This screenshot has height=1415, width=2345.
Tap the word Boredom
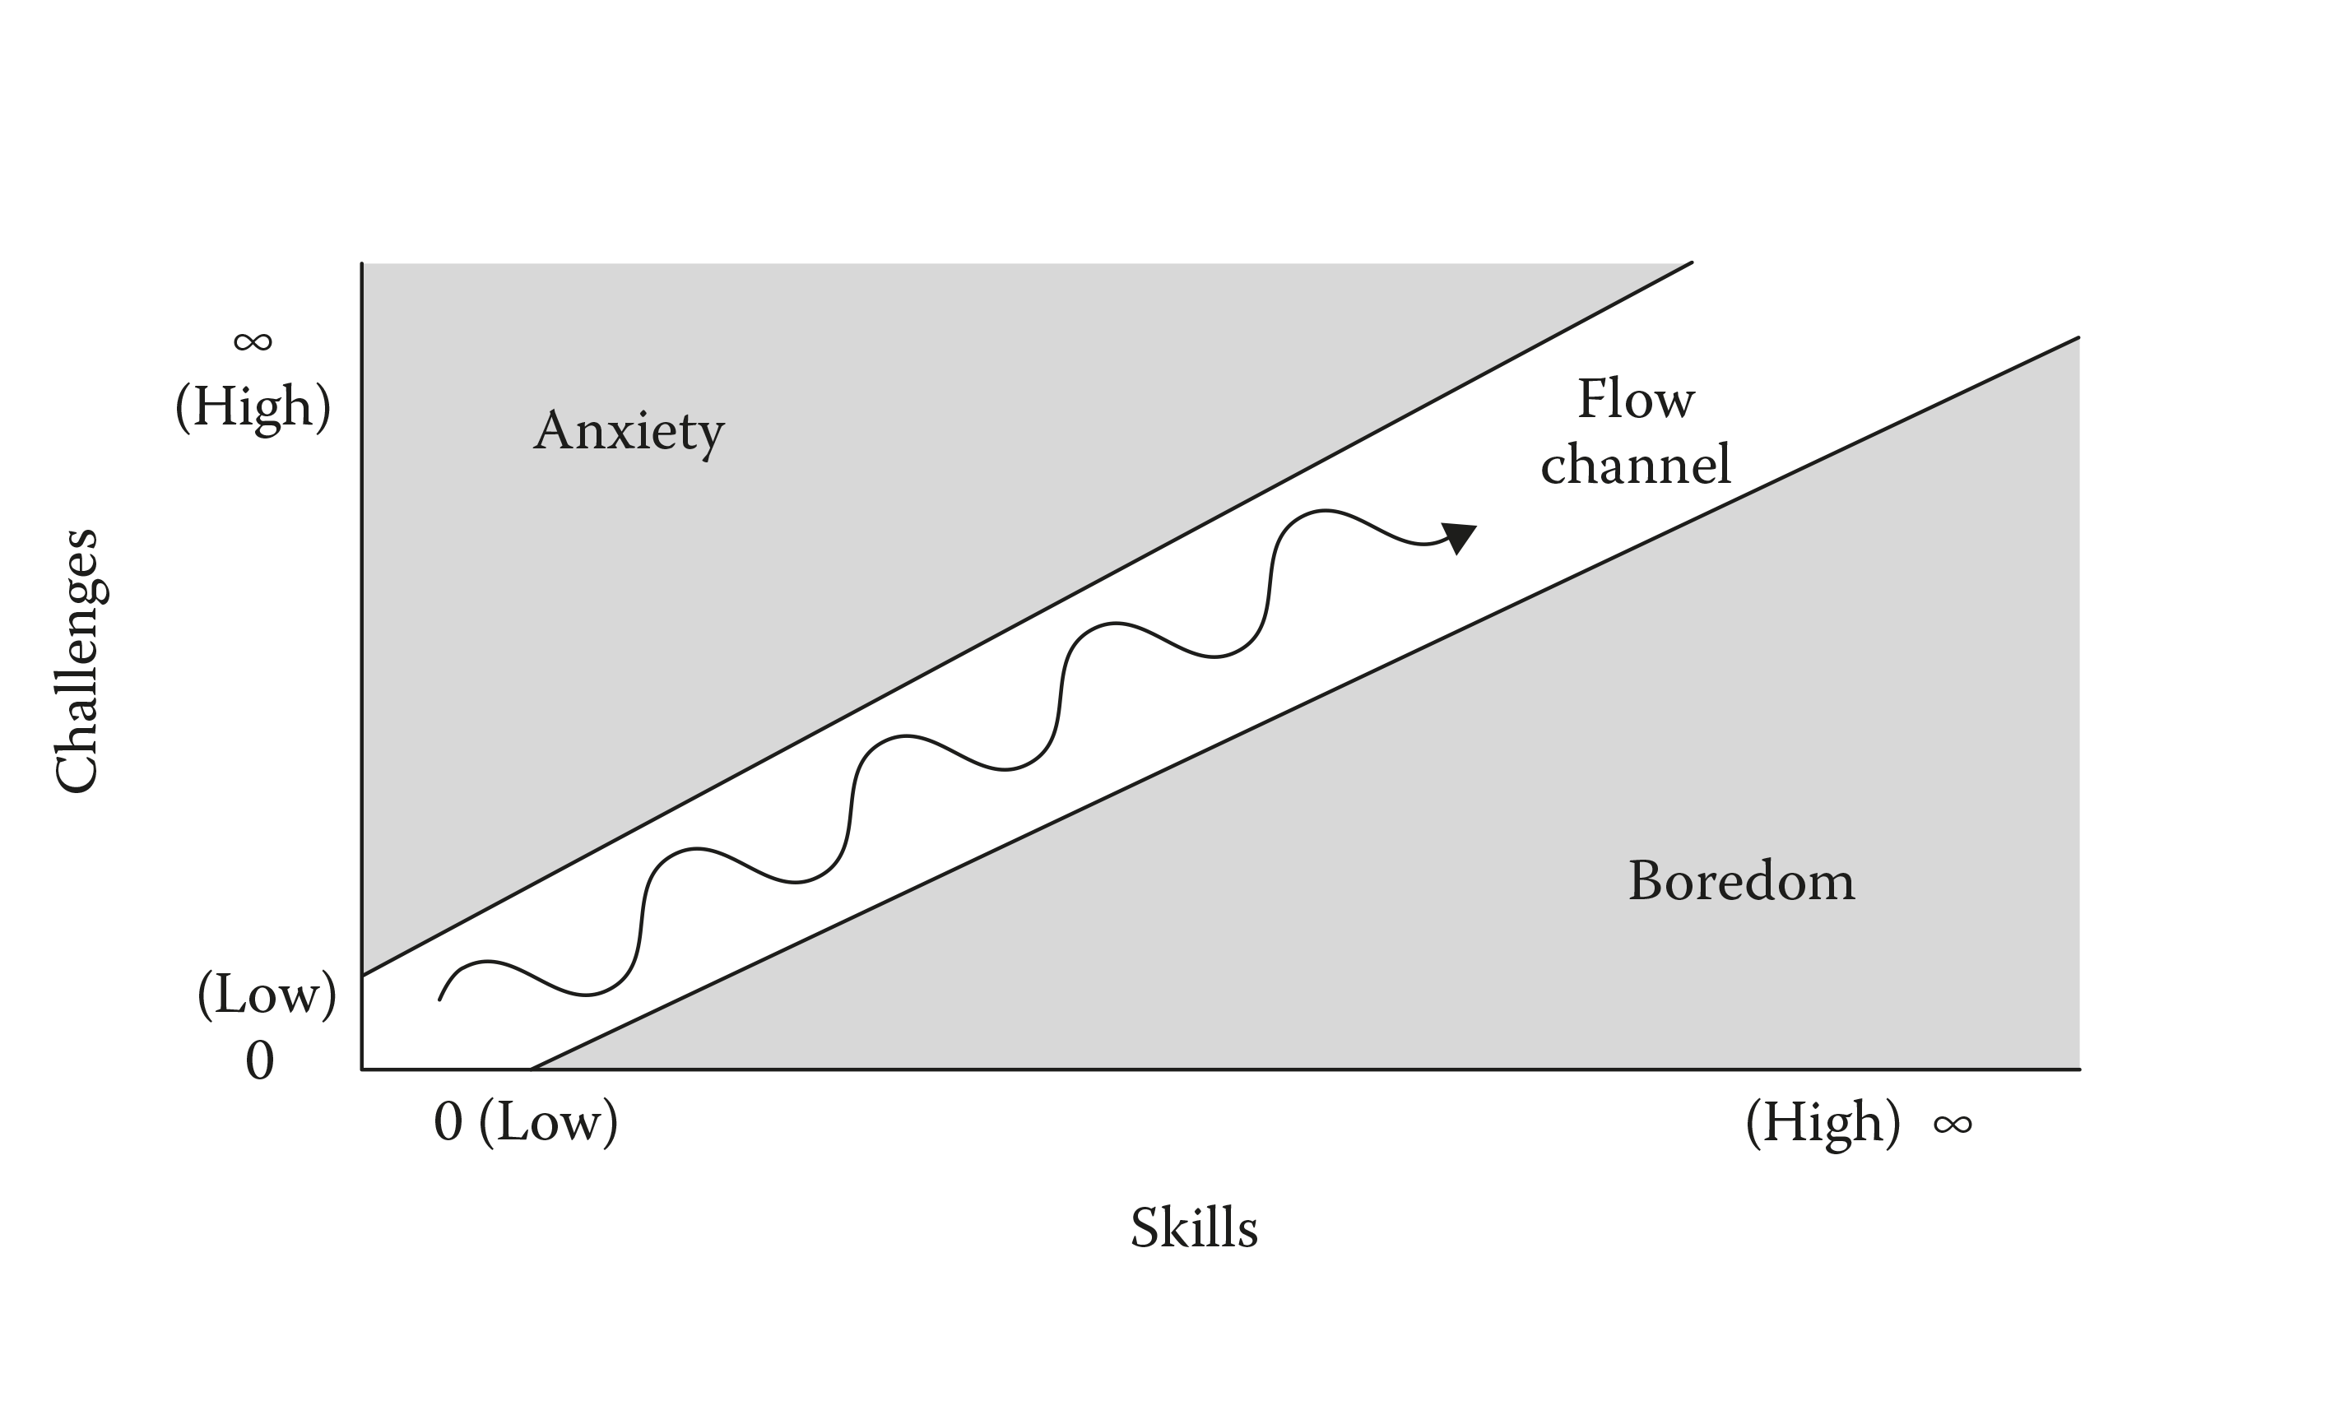[x=1741, y=881]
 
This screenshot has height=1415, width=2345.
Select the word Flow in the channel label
[x=1635, y=400]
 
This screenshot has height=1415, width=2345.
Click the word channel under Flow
[x=1635, y=466]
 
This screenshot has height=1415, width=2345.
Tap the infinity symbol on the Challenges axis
[x=253, y=341]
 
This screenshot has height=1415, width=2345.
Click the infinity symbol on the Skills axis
[x=1952, y=1125]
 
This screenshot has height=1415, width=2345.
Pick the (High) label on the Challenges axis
[x=253, y=406]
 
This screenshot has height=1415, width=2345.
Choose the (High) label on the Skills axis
[x=1823, y=1123]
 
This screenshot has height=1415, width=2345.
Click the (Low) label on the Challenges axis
[x=267, y=995]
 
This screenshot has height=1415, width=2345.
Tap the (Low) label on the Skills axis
[x=548, y=1123]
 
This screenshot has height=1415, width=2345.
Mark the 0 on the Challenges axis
[x=260, y=1060]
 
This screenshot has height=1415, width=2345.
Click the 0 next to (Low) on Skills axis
[x=448, y=1123]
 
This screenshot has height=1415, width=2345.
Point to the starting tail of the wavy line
[x=439, y=1000]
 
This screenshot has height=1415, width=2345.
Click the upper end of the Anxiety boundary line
[x=1690, y=262]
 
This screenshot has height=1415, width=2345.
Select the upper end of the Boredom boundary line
[x=2078, y=338]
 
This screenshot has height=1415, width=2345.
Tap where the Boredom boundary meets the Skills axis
[x=531, y=1069]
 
